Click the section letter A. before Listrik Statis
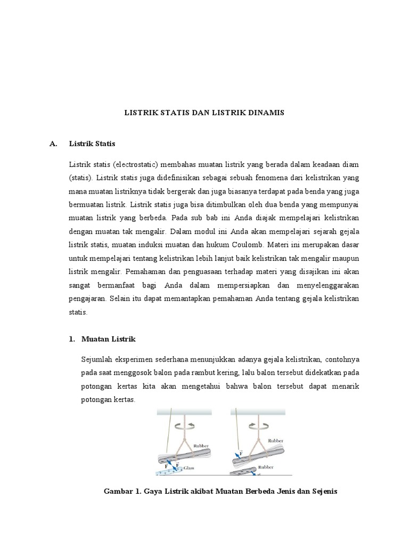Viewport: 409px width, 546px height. pos(52,143)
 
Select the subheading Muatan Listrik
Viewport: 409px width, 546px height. pos(109,339)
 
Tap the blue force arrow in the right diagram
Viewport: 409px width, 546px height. pos(239,454)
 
